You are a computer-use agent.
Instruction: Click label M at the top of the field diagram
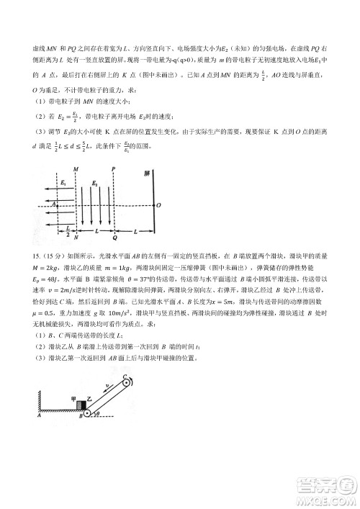coord(76,171)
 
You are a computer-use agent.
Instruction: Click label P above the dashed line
coord(114,171)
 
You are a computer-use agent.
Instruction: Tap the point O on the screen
coord(158,205)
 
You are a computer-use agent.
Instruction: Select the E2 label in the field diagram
coord(94,184)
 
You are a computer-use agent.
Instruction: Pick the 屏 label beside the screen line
coord(147,176)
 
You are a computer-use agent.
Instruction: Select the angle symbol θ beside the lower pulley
coord(99,414)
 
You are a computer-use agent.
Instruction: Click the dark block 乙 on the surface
coord(79,408)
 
